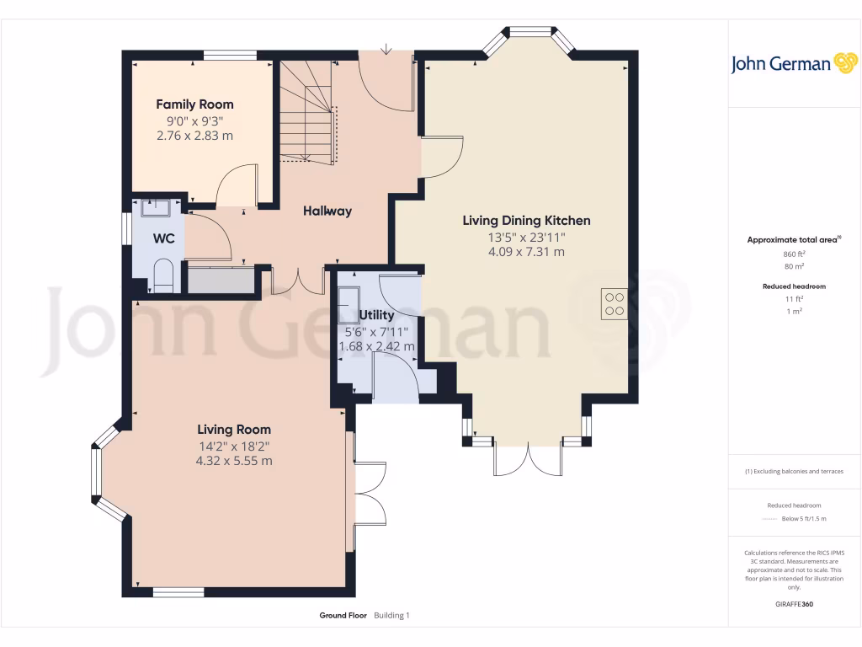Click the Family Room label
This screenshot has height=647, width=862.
(194, 104)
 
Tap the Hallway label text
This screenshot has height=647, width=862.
(327, 211)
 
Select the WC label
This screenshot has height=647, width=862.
(163, 238)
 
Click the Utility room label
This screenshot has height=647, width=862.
(376, 315)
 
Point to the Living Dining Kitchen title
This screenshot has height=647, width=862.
(526, 221)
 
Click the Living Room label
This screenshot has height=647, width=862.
(234, 430)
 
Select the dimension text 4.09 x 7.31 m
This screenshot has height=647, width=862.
(526, 252)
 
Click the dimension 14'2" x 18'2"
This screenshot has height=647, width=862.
(234, 446)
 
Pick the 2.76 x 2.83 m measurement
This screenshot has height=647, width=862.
(194, 135)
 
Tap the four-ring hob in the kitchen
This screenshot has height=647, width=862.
(614, 303)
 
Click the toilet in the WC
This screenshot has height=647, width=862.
(162, 275)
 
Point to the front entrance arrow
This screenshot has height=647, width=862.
(386, 50)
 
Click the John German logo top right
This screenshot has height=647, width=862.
(793, 63)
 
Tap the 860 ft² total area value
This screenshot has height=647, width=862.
(794, 254)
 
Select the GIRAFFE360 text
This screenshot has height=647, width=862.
(794, 604)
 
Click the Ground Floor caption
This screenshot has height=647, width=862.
(343, 616)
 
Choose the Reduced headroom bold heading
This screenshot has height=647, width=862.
(794, 286)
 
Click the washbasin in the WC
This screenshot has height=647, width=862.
(155, 206)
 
